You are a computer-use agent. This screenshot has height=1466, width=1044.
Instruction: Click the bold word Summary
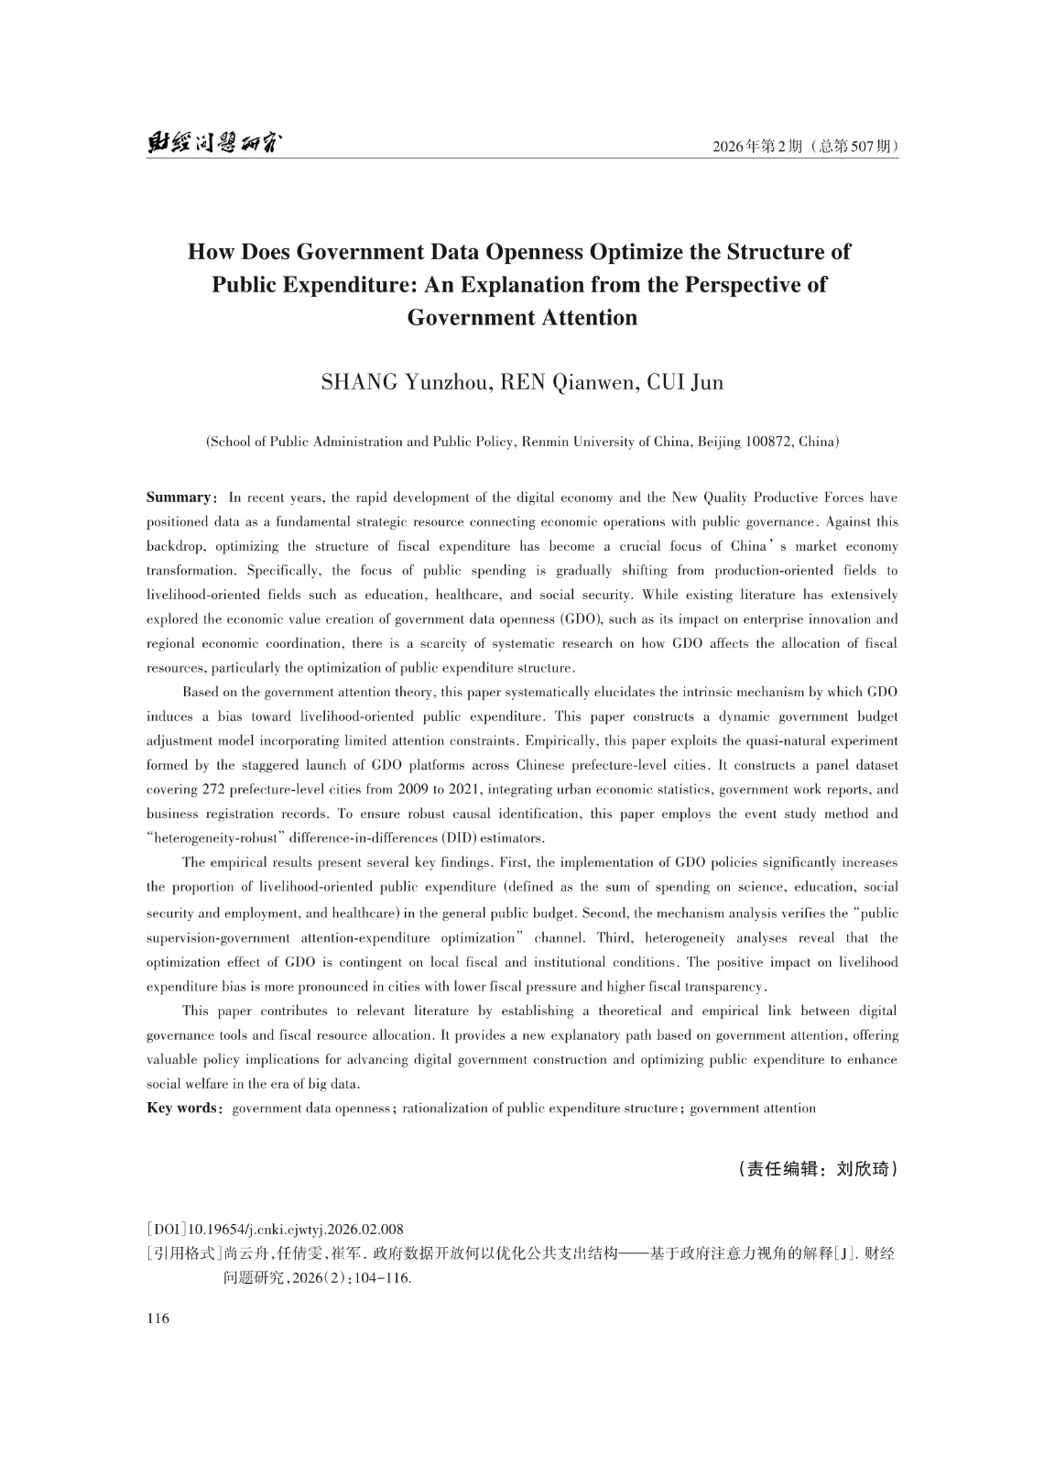click(179, 498)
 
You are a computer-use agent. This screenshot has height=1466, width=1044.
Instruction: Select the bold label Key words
click(182, 1108)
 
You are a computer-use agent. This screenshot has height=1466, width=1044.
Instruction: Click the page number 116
click(158, 1319)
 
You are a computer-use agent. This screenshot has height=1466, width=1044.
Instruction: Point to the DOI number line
click(275, 1230)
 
